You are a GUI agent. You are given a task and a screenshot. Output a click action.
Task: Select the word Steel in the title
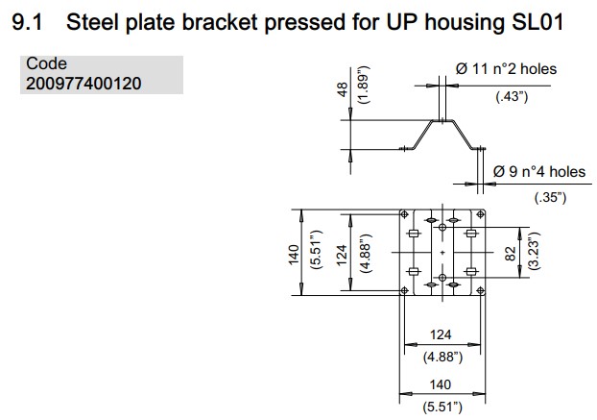click(102, 21)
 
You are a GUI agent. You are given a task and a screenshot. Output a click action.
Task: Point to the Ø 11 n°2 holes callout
click(506, 68)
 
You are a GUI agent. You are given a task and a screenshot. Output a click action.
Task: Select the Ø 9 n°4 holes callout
click(538, 172)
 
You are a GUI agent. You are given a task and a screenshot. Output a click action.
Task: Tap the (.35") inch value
click(550, 197)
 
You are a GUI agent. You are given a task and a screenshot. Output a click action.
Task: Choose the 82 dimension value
click(511, 254)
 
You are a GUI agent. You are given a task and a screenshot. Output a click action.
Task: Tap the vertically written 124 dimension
click(341, 254)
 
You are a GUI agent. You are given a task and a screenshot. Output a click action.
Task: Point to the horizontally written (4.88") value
click(442, 357)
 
